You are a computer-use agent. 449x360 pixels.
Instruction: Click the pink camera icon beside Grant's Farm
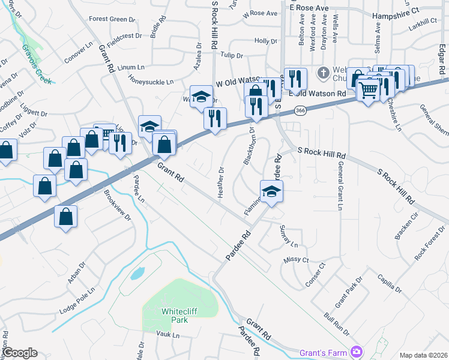pyautogui.click(x=357, y=350)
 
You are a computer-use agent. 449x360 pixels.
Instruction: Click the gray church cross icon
pyautogui.click(x=323, y=73)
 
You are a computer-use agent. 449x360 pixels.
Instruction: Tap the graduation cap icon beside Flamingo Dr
pyautogui.click(x=271, y=191)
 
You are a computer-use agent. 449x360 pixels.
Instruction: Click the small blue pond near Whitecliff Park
pyautogui.click(x=137, y=274)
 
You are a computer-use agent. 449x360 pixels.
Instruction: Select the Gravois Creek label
pyautogui.click(x=36, y=62)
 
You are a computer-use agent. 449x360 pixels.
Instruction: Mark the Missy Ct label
pyautogui.click(x=297, y=260)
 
